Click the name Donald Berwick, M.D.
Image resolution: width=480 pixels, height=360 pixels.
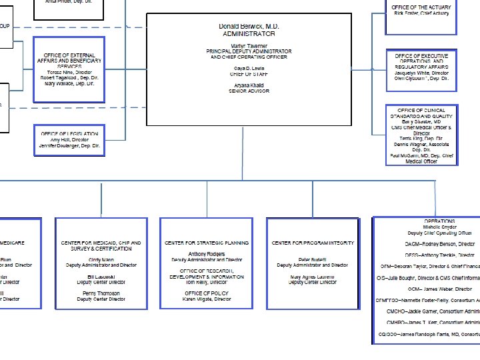tap(249, 26)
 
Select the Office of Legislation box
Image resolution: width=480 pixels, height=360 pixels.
tap(69, 140)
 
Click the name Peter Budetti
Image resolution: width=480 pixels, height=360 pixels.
tap(313, 259)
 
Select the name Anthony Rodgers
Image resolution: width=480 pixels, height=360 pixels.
tap(207, 254)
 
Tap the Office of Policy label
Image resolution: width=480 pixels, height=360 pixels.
tap(207, 293)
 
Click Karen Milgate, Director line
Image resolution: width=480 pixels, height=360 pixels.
tap(207, 299)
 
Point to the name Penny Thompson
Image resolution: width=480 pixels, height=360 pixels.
tap(101, 293)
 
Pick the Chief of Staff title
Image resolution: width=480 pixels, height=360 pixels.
tap(249, 75)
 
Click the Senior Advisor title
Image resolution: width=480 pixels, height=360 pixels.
tap(249, 91)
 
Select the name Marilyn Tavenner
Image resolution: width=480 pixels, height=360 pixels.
tap(249, 45)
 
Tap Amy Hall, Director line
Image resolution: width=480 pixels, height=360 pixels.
tap(69, 139)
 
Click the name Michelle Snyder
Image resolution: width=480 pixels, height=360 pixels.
tap(440, 227)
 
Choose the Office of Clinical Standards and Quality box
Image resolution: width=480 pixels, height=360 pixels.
tap(421, 135)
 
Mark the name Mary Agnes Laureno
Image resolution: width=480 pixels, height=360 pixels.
tap(313, 277)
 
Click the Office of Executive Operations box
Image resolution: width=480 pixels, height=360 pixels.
tap(421, 67)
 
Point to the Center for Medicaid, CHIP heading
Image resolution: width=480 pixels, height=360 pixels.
tap(101, 243)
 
